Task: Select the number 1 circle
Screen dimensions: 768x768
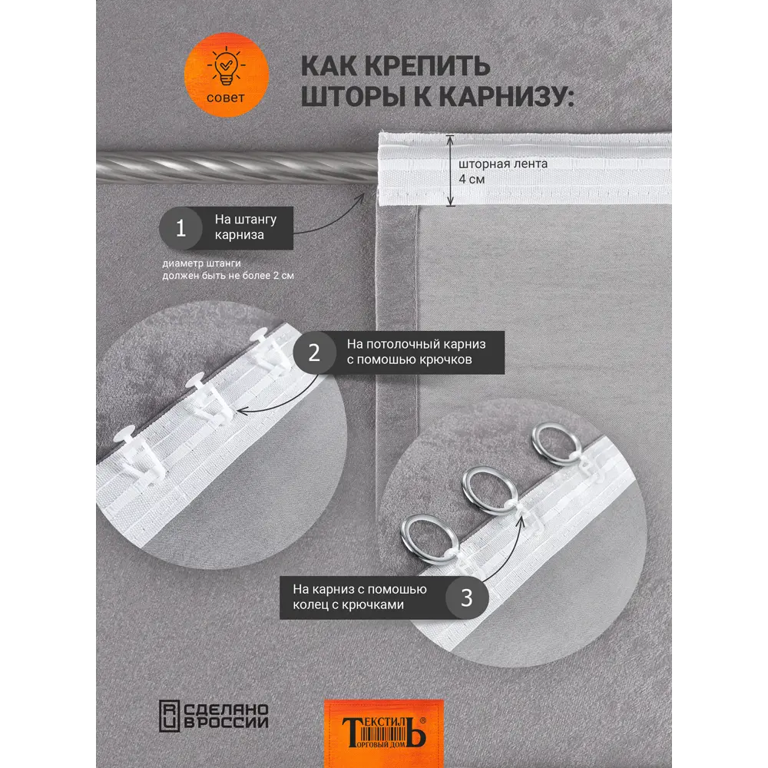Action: (181, 228)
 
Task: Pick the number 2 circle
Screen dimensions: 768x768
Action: (314, 353)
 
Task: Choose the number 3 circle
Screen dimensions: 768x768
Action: (466, 598)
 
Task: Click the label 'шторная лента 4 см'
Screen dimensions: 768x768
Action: (503, 171)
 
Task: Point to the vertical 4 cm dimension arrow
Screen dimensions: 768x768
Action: (452, 170)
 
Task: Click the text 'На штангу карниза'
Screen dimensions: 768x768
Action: (246, 227)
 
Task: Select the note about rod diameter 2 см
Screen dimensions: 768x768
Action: (228, 269)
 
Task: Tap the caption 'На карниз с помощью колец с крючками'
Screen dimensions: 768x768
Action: (359, 598)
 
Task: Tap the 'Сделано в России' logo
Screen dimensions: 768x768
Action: (214, 715)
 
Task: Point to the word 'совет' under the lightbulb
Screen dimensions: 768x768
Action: (226, 98)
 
